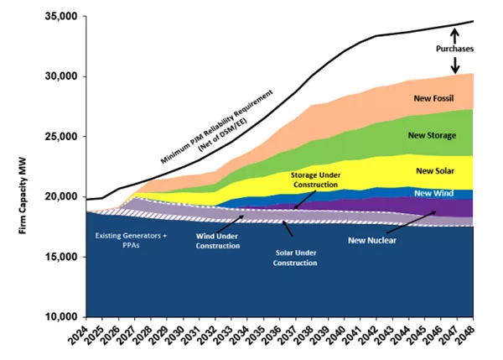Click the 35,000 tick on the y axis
[57, 17]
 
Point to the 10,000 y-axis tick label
[57, 316]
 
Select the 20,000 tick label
[57, 196]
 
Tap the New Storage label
[432, 134]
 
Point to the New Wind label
[434, 194]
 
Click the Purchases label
[455, 49]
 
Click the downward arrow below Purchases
[455, 65]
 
